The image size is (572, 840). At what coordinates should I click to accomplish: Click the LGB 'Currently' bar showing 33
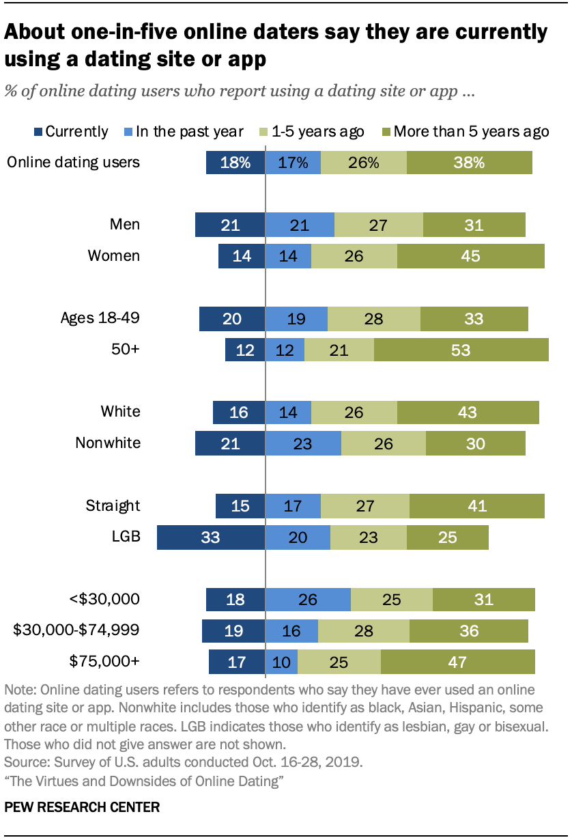click(x=210, y=537)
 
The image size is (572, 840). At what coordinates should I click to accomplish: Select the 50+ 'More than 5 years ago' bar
click(x=461, y=350)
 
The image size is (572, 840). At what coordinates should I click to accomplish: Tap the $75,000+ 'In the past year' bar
click(x=281, y=662)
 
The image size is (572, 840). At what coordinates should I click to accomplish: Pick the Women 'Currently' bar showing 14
click(x=241, y=256)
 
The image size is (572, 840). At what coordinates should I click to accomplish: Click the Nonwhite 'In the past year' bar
click(x=302, y=443)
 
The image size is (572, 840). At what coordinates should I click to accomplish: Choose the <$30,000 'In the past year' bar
click(x=307, y=600)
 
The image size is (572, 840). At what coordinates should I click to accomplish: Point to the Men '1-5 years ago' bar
click(x=379, y=225)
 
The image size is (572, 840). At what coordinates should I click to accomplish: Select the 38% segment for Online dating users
click(x=469, y=163)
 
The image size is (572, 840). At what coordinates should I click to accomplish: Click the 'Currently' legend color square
click(x=39, y=132)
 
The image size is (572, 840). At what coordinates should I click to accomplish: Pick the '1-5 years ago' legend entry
click(x=313, y=132)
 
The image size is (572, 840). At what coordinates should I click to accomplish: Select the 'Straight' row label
click(x=113, y=506)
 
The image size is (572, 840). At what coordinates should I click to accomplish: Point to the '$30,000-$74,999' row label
click(x=76, y=631)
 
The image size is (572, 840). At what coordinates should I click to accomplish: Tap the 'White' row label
click(x=120, y=412)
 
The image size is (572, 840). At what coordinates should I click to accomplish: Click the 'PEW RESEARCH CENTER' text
click(x=82, y=807)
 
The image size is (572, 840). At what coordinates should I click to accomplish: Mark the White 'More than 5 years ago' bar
click(x=468, y=412)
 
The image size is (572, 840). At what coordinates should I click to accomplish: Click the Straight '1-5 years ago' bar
click(x=364, y=506)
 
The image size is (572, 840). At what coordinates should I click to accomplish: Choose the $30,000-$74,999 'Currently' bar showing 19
click(x=233, y=631)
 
